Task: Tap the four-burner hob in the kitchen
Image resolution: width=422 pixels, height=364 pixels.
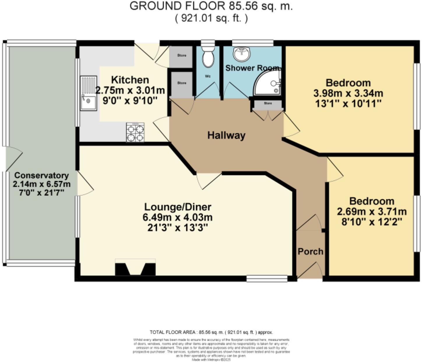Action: pos(135,132)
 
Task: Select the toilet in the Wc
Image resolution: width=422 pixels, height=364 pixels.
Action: pos(208,58)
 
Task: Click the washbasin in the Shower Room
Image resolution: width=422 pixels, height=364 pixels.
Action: pos(242,54)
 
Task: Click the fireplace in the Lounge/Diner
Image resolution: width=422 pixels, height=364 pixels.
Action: pos(135,269)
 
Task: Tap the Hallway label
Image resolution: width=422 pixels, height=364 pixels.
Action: pos(226,135)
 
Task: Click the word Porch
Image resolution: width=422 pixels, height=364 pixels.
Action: pos(310,251)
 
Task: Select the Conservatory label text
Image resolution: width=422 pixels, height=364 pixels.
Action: pos(41,175)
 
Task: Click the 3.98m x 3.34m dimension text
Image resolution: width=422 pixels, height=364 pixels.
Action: pos(348,93)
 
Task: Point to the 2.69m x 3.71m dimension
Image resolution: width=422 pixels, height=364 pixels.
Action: pos(372,211)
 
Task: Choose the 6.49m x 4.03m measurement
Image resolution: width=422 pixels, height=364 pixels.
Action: pos(178,217)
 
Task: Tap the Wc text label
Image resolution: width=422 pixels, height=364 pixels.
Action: pos(208,76)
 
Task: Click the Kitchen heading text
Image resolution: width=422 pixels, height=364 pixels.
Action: pos(130,80)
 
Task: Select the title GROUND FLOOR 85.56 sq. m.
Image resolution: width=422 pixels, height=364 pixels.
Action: pos(211,6)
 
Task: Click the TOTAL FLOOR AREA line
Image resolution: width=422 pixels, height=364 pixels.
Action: pos(211,332)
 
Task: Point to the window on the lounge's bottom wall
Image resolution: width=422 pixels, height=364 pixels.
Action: pos(267,279)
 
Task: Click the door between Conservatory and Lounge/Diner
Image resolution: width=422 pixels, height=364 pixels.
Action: pos(85,183)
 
